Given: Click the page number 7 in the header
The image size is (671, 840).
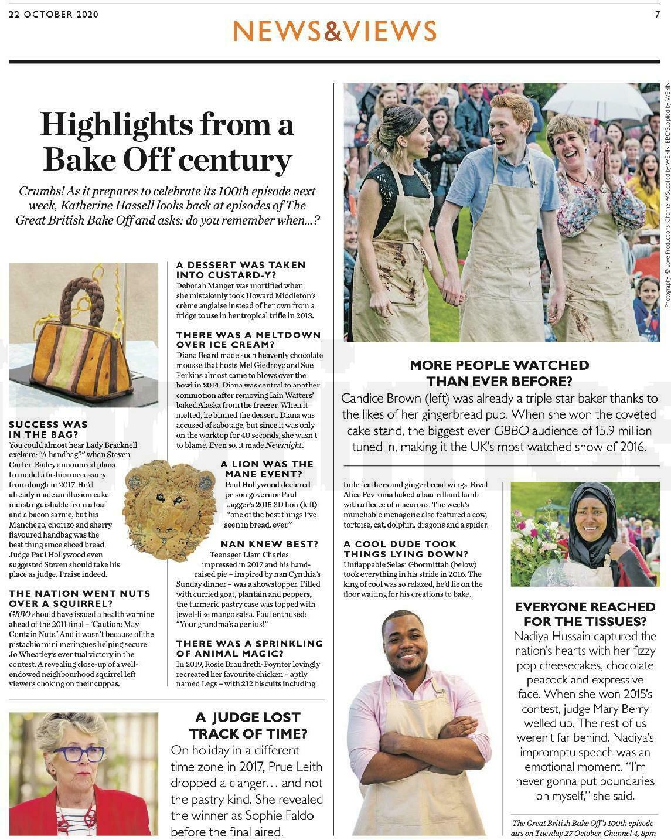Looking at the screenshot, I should pos(658,15).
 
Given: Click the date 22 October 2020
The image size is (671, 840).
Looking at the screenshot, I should pos(54,15).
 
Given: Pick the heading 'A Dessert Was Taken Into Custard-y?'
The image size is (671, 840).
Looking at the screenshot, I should pos(241,270).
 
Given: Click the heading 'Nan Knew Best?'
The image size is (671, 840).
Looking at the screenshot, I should pos(269,544).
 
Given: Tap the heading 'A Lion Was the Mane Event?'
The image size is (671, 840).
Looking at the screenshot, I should pos(267,468).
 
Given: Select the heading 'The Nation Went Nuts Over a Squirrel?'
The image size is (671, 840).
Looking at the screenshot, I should pos(80,598).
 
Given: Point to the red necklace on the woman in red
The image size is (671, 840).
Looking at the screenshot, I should pos(88,812).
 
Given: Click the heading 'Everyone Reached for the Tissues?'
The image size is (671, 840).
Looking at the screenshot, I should pos(585,614).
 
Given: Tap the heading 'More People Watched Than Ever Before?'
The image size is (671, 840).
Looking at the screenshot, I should pos(499,373).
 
